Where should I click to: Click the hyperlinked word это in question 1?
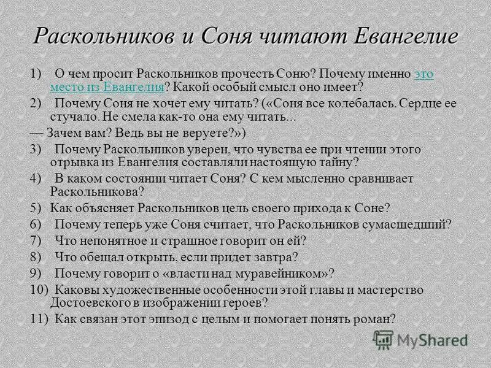click(424, 74)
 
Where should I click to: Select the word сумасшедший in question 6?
click(415, 223)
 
